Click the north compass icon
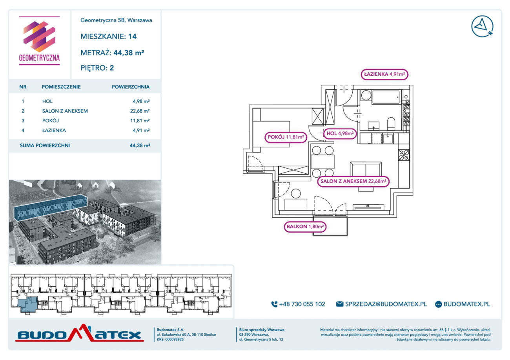(x=482, y=26)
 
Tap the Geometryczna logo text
(x=39, y=58)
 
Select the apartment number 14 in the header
(x=132, y=36)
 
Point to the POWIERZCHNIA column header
(x=131, y=87)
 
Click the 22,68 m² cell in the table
(x=140, y=111)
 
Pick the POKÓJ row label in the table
(x=51, y=121)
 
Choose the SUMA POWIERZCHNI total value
(x=140, y=145)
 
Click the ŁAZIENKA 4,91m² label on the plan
(x=384, y=74)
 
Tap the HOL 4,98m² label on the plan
(x=340, y=133)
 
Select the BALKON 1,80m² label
(x=305, y=227)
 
